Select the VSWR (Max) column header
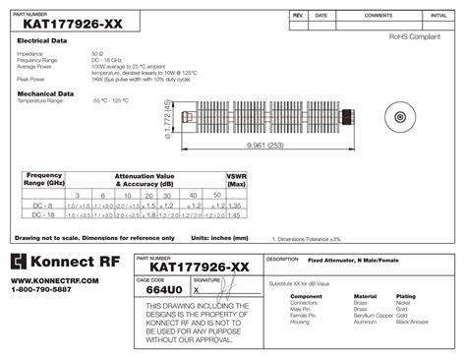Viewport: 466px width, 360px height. tap(235, 179)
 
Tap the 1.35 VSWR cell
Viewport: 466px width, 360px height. tap(235, 205)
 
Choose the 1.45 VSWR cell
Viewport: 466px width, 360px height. tap(235, 214)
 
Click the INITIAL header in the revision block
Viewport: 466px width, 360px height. tap(437, 17)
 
